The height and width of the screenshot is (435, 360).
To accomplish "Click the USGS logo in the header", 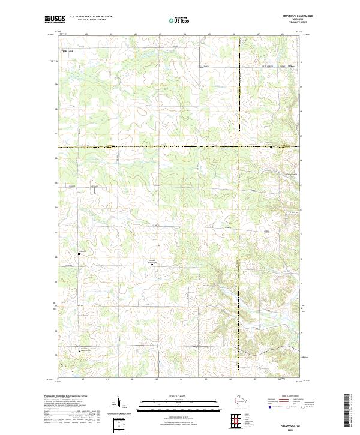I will click(x=55, y=20).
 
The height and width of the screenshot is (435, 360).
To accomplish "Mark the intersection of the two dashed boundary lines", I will click(x=239, y=146).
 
